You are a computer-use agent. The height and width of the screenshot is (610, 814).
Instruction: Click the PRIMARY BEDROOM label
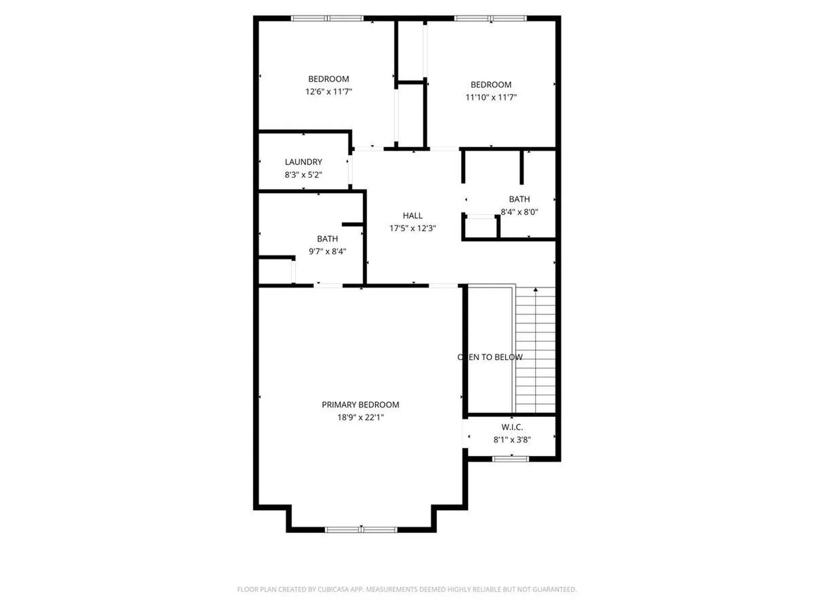coord(360,405)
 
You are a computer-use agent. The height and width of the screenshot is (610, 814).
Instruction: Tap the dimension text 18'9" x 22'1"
coord(360,417)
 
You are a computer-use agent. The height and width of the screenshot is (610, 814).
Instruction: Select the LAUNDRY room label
coord(303,162)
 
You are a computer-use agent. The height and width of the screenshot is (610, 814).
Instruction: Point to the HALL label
coord(412,216)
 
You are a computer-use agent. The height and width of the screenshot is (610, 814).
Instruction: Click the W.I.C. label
coord(512,427)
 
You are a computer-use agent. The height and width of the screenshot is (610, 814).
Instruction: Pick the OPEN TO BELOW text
coord(490,357)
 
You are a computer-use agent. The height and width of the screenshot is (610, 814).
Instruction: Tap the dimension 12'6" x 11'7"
coord(329,91)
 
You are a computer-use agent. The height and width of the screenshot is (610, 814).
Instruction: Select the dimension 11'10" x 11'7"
coord(491,97)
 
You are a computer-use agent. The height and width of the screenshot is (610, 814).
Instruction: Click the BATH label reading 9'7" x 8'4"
coord(327,239)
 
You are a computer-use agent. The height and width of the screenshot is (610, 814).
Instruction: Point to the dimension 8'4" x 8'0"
coord(519,212)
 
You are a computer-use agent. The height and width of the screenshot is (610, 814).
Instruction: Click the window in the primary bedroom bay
coord(361,530)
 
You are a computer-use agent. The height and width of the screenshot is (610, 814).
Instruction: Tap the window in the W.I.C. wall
coord(510,459)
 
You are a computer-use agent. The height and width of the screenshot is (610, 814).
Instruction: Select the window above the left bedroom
coord(327,18)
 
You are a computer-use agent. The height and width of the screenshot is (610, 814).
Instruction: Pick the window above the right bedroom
coord(490,18)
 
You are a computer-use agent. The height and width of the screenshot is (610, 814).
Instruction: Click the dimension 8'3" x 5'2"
coord(303,175)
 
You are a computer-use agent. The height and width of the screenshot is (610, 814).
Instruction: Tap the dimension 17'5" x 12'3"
coord(412,228)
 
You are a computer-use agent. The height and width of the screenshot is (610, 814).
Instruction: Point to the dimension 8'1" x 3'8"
coord(512,440)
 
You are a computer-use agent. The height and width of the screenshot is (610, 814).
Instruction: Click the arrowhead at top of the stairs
coord(535,290)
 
